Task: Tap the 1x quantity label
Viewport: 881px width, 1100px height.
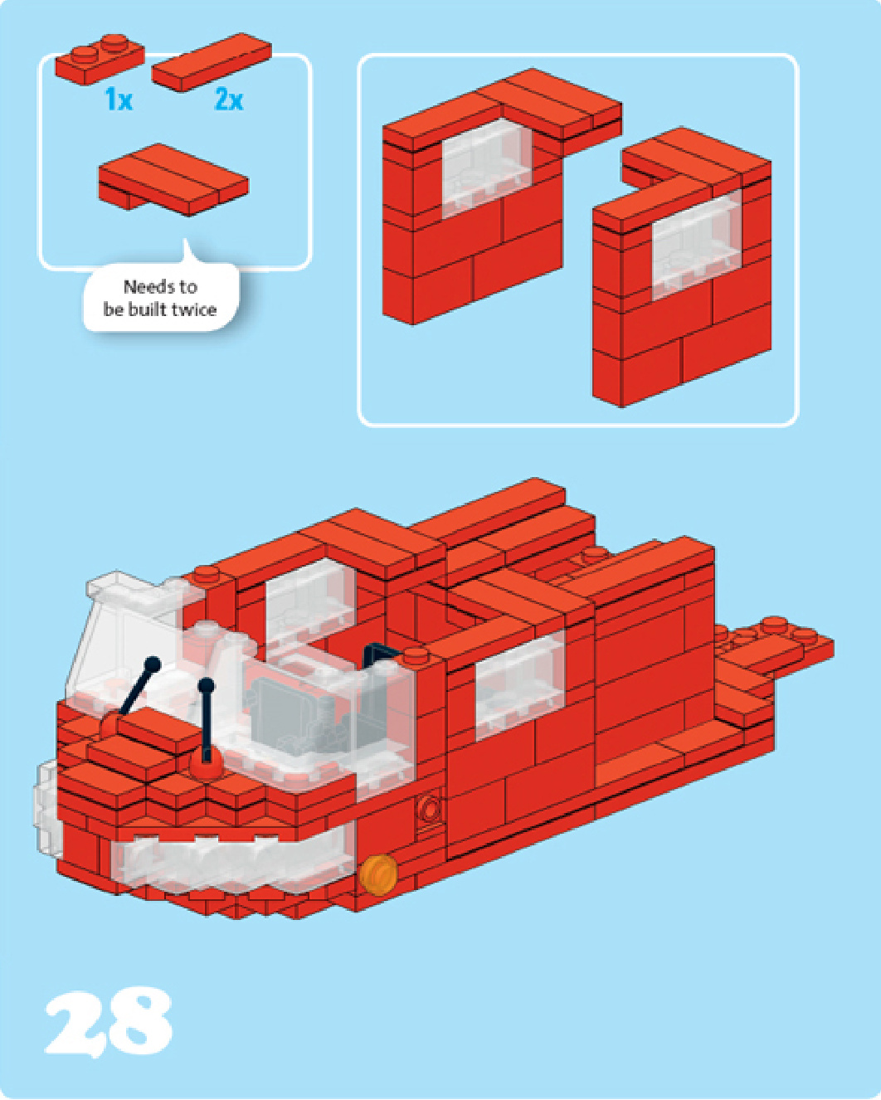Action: click(x=119, y=99)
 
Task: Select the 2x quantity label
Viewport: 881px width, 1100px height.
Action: click(x=229, y=99)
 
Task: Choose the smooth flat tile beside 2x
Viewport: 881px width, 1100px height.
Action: click(x=212, y=62)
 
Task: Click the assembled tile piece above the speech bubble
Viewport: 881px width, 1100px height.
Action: click(x=173, y=179)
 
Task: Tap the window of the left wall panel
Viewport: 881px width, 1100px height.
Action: click(x=487, y=169)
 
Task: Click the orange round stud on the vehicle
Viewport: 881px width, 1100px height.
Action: click(x=378, y=874)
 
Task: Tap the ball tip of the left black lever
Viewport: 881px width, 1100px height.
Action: click(x=153, y=664)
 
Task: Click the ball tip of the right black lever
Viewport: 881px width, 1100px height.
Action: click(x=206, y=686)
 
